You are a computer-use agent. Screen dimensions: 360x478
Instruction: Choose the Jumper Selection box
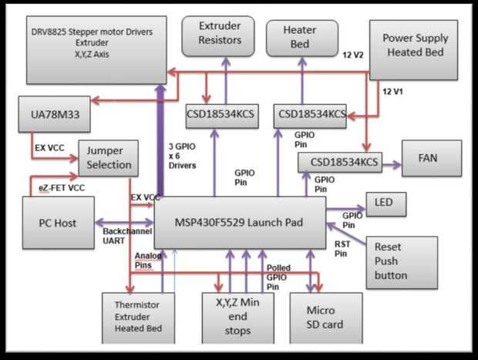click(x=108, y=157)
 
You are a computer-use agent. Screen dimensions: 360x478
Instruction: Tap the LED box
click(x=385, y=204)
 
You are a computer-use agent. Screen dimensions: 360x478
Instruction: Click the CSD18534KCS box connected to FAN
click(x=339, y=163)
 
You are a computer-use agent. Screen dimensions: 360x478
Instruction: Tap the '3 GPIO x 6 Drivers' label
click(x=181, y=153)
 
